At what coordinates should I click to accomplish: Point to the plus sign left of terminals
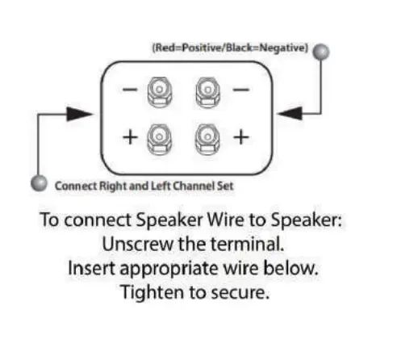[x=129, y=136]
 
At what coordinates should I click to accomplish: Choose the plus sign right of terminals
[x=239, y=136]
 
